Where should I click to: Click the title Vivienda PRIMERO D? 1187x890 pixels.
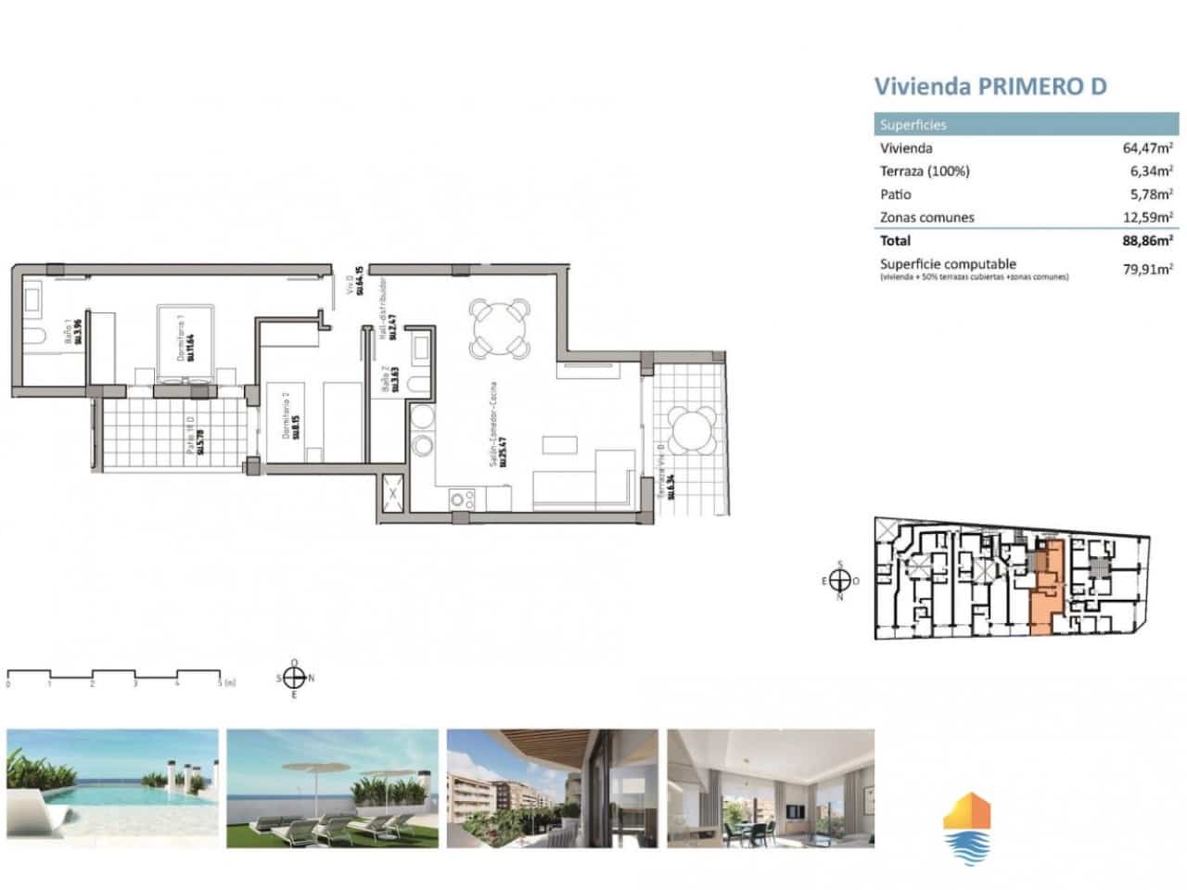pyautogui.click(x=990, y=86)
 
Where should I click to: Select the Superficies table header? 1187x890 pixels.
pyautogui.click(x=913, y=125)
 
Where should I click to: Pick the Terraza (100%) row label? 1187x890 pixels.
pyautogui.click(x=924, y=171)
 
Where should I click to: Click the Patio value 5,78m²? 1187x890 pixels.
pyautogui.click(x=1151, y=194)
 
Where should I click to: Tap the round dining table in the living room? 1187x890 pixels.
pyautogui.click(x=501, y=327)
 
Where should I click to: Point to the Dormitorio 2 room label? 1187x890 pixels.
pyautogui.click(x=291, y=413)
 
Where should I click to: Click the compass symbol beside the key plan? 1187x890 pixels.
pyautogui.click(x=839, y=580)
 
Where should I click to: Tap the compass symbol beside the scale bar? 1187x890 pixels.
pyautogui.click(x=294, y=678)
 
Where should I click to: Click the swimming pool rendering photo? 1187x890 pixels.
pyautogui.click(x=113, y=788)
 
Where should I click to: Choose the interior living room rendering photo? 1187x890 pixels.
pyautogui.click(x=770, y=788)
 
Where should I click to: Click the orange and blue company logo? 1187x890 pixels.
pyautogui.click(x=966, y=828)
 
